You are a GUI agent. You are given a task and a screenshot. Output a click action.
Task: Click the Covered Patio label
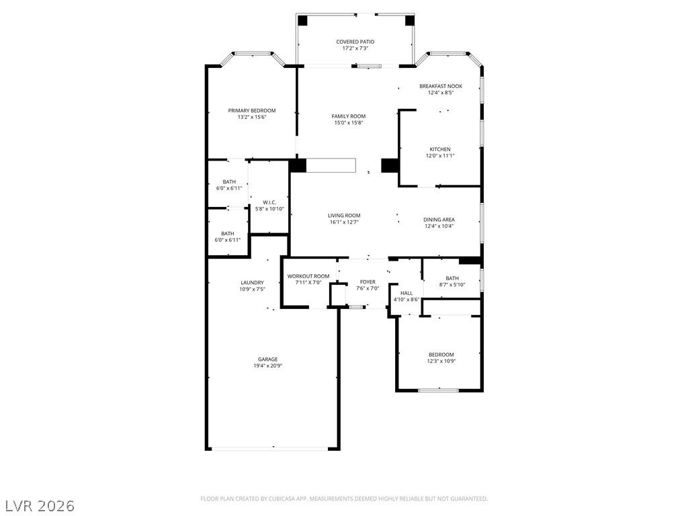355,42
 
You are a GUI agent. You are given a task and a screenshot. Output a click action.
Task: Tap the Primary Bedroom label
252,111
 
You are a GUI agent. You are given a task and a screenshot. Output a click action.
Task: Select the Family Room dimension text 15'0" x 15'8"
349,123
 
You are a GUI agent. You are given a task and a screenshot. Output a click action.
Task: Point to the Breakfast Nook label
441,86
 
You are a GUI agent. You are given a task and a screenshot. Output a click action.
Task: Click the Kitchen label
440,149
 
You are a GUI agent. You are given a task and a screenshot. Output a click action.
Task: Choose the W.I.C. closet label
269,202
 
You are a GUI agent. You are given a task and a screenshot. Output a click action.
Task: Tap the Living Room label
344,216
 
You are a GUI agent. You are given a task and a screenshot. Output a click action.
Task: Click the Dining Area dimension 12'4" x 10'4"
439,226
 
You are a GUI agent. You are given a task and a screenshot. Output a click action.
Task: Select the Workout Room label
308,276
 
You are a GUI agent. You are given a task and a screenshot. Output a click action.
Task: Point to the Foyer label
368,282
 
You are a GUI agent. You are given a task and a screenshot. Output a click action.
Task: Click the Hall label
406,293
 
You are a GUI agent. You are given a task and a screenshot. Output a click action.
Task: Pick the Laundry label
253,283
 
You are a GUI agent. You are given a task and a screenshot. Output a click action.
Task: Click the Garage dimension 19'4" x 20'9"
267,365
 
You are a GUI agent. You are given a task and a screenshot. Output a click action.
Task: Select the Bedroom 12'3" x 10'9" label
441,355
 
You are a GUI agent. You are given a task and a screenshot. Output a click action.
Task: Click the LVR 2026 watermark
38,506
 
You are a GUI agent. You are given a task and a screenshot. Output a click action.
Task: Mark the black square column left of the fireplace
298,165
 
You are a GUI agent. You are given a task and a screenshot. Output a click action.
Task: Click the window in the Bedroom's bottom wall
438,390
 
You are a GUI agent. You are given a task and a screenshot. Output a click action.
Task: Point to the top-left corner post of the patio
303,20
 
